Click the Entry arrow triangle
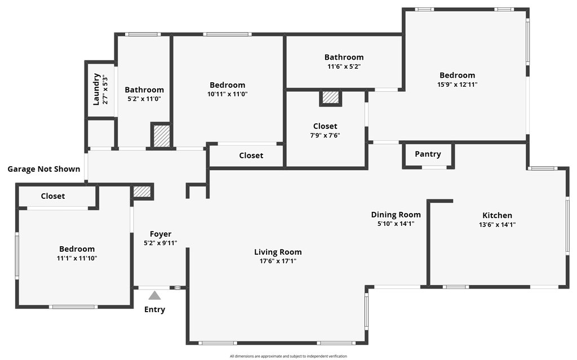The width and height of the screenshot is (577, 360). [x=154, y=295]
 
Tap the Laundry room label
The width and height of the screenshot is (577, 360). [x=96, y=89]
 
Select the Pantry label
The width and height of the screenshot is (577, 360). [x=428, y=154]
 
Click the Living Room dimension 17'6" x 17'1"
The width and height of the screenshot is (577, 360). [x=278, y=261]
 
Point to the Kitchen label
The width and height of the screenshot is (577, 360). [x=497, y=215]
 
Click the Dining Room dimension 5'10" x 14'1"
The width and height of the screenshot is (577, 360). [x=396, y=224]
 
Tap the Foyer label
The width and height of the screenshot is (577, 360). [x=161, y=234]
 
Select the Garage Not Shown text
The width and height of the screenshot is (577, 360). [x=43, y=169]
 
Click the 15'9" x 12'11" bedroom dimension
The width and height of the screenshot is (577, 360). [x=457, y=85]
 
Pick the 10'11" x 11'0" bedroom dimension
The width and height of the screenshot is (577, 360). [x=227, y=94]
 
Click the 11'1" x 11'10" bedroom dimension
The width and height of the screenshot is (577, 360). [x=77, y=258]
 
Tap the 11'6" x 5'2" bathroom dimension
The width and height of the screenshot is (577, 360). [x=344, y=66]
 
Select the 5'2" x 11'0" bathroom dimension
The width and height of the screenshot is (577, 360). [x=144, y=99]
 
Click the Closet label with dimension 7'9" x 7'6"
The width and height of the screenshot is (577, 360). [x=325, y=126]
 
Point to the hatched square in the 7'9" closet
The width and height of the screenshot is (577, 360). [x=331, y=98]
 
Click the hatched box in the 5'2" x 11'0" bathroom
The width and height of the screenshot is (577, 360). [x=161, y=136]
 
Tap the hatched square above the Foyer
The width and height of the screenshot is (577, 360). [x=142, y=192]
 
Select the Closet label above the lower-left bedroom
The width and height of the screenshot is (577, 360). [x=53, y=196]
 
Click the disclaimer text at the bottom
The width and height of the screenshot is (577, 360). [x=288, y=356]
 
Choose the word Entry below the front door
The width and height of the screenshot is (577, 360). [x=154, y=309]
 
